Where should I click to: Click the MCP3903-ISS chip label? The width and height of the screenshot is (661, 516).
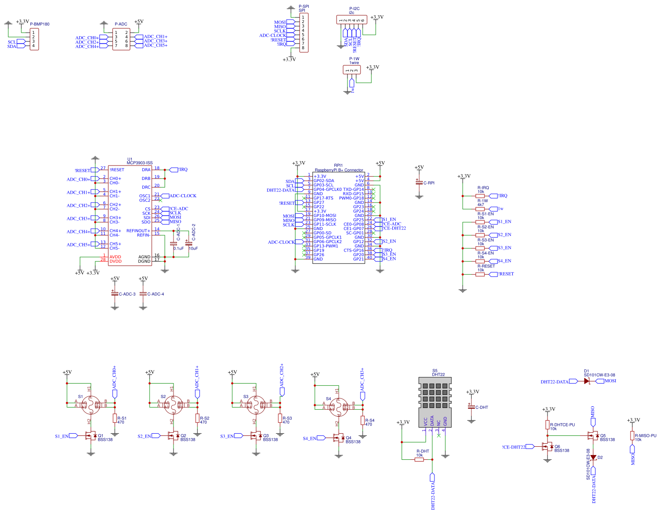[x=140, y=163]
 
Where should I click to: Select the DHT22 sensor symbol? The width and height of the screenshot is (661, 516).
[x=435, y=403]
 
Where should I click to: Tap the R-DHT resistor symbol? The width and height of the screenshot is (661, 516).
[x=419, y=459]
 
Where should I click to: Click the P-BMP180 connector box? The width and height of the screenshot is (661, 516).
[x=34, y=39]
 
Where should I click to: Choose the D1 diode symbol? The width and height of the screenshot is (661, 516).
[x=587, y=381]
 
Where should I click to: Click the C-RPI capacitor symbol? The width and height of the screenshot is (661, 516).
[x=419, y=183]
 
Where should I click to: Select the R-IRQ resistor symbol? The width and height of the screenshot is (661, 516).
[x=480, y=196]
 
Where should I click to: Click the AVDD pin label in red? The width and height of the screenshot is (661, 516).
[x=115, y=257]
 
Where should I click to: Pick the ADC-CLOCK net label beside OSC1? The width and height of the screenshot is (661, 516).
[x=183, y=196]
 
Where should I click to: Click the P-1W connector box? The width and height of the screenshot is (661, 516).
[x=352, y=70]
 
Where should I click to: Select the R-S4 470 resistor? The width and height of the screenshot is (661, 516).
[x=363, y=420]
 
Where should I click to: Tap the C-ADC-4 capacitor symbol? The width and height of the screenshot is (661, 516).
[x=143, y=294]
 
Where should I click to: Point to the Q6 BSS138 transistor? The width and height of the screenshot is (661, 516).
[x=547, y=447]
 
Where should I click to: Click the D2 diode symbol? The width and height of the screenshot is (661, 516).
[x=593, y=457]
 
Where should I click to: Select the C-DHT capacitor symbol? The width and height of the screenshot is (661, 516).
[x=471, y=407]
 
